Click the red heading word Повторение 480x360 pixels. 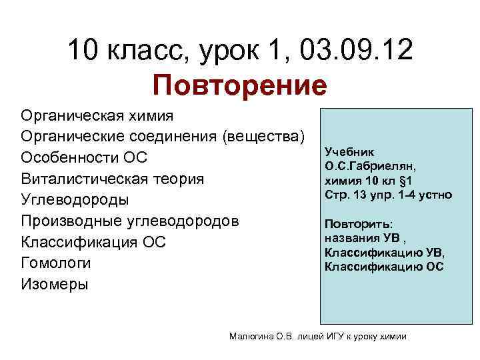[239, 85]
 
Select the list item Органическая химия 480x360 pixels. [97, 116]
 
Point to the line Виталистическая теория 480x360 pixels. [113, 179]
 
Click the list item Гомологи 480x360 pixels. [56, 263]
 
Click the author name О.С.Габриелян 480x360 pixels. [370, 167]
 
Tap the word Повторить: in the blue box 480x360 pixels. [359, 225]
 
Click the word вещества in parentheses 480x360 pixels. [266, 137]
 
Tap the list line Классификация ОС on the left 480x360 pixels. [93, 242]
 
